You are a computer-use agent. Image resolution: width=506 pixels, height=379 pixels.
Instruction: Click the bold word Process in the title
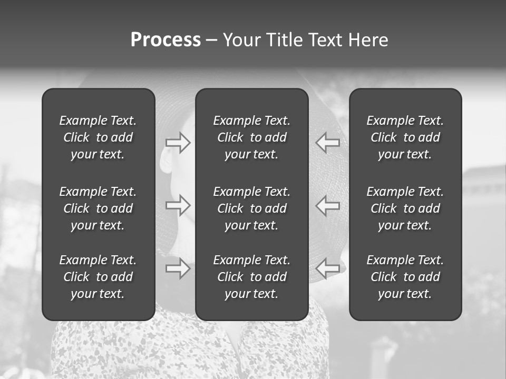[x=166, y=40]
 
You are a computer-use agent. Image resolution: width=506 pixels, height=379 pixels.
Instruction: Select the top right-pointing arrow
[x=178, y=143]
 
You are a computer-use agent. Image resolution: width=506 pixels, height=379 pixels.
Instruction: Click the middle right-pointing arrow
[x=178, y=205]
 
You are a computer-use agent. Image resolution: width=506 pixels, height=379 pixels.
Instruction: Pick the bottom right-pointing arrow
[x=178, y=268]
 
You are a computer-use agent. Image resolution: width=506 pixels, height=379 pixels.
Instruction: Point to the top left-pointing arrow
[x=328, y=143]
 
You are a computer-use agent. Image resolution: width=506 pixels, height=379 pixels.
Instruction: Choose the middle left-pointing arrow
[x=328, y=205]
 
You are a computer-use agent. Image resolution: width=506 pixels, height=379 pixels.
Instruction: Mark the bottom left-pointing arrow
[x=328, y=268]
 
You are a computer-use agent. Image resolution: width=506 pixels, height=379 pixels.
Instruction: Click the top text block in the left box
[x=98, y=137]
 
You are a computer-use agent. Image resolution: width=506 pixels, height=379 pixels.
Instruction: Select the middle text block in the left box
[x=98, y=208]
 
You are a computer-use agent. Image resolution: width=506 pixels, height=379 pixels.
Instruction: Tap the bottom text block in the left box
[x=98, y=277]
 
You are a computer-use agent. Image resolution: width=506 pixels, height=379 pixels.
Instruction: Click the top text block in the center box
[x=252, y=137]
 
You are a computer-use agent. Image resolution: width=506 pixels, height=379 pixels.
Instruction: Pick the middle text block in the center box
[x=252, y=208]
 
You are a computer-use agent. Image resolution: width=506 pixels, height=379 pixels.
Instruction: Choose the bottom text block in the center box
[x=252, y=277]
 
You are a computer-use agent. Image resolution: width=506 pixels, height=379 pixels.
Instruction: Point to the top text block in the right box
[x=405, y=137]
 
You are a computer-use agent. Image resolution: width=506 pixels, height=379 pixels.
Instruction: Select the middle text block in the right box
[x=405, y=208]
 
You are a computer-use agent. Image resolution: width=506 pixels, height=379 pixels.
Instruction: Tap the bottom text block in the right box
[x=405, y=277]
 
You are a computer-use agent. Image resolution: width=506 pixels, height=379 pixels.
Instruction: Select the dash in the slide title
[x=211, y=41]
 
